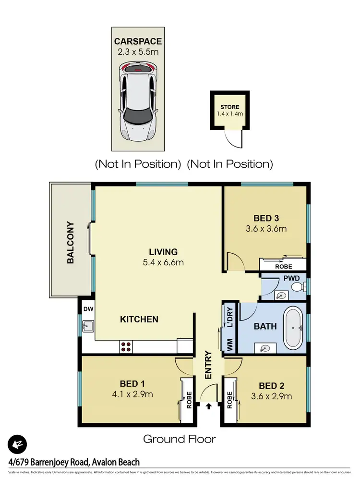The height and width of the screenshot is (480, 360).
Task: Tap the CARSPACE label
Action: click(137, 41)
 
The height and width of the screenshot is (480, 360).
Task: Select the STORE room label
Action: click(229, 107)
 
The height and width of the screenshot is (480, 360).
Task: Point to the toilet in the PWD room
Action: click(298, 287)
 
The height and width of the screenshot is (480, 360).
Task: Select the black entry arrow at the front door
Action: click(209, 406)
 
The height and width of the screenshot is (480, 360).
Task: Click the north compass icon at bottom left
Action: click(17, 444)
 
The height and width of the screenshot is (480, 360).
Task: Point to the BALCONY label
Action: click(71, 242)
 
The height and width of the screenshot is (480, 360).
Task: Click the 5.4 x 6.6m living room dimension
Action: click(163, 262)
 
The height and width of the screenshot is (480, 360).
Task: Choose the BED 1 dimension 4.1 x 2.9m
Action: click(129, 395)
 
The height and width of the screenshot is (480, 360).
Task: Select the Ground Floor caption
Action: click(180, 439)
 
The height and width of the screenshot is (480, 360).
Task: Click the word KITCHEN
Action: click(139, 319)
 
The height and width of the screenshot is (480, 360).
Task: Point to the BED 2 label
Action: click(268, 386)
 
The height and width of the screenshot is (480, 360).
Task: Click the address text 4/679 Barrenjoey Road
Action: click(73, 462)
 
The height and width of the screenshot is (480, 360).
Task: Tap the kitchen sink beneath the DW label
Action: click(87, 328)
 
